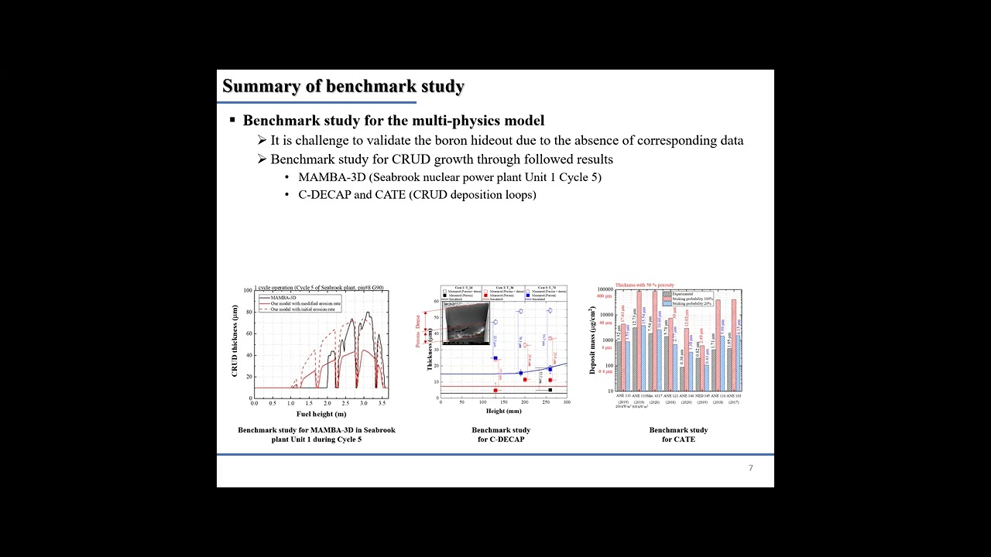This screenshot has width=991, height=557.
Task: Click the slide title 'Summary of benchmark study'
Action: [343, 86]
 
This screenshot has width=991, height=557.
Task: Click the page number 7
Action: [750, 468]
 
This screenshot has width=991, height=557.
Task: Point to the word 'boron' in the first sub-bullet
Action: [413, 141]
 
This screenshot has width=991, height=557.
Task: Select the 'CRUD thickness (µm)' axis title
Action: [235, 341]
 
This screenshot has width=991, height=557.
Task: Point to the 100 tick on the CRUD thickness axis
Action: [248, 291]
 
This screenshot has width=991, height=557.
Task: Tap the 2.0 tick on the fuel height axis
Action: [327, 403]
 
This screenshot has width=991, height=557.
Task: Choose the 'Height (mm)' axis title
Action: [503, 411]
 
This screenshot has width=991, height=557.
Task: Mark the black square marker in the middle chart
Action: [550, 390]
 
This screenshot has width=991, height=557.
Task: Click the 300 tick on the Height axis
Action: [567, 402]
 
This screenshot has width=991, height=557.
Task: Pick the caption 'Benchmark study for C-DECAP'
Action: [501, 435]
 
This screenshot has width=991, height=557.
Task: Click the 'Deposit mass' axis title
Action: [592, 340]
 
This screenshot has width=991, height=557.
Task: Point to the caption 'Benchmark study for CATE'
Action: [678, 435]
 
